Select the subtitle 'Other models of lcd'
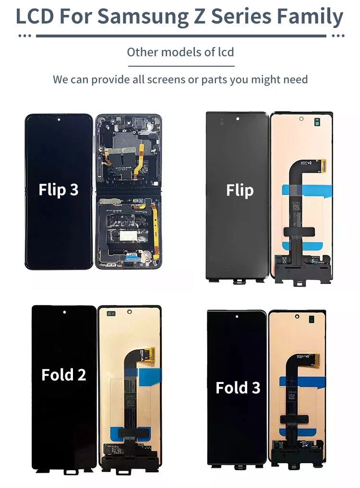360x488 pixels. tap(180, 52)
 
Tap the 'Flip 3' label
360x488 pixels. tap(59, 190)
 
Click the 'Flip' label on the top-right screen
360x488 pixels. tap(240, 190)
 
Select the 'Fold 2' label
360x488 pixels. tap(64, 375)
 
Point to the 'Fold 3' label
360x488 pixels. tap(238, 388)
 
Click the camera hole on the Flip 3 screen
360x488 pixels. tap(59, 119)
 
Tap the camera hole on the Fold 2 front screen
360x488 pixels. tap(64, 312)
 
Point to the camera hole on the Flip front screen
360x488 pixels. tap(237, 118)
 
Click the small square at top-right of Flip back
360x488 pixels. tap(317, 121)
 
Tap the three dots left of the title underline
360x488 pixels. tap(24, 36)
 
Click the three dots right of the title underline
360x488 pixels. tap(338, 36)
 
